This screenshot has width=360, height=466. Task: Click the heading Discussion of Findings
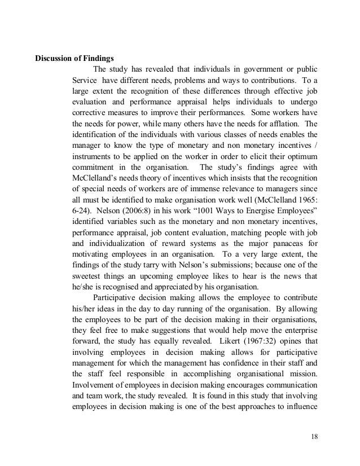(75, 58)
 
